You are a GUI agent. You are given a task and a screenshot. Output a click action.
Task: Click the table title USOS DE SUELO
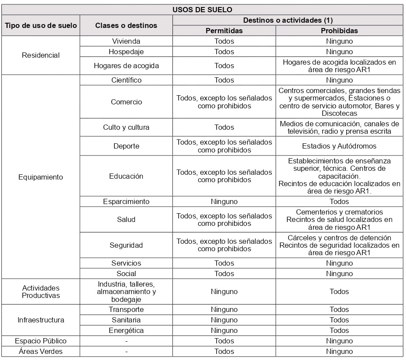(x=203, y=9)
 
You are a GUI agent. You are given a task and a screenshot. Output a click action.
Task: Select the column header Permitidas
(x=224, y=31)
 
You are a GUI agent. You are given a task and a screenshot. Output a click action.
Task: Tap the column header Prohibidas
(x=339, y=31)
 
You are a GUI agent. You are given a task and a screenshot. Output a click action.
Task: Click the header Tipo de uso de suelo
(x=41, y=25)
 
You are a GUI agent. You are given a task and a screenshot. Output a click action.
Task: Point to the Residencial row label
(x=41, y=55)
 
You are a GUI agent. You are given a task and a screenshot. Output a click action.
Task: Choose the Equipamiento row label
(x=41, y=177)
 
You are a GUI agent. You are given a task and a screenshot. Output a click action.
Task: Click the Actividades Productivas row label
(x=41, y=291)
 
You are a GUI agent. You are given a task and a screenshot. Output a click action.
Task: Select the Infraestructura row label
(x=41, y=320)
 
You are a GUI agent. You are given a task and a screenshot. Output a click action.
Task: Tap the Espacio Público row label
(x=41, y=341)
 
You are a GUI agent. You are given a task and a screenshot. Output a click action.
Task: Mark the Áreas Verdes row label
(x=41, y=351)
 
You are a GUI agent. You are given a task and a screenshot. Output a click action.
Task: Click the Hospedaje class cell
(x=126, y=52)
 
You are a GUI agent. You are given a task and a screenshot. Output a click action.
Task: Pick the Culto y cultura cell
(x=126, y=127)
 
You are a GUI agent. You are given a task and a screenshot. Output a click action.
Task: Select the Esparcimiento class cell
(x=126, y=201)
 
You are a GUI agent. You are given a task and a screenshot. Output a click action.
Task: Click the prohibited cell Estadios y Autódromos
(x=339, y=146)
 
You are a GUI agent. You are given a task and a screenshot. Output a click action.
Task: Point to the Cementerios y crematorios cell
(x=339, y=219)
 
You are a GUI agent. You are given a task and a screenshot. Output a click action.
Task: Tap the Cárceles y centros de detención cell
(x=339, y=245)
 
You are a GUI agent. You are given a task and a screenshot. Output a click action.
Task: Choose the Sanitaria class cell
(x=126, y=320)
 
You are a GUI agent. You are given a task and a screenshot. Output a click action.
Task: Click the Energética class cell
(x=126, y=330)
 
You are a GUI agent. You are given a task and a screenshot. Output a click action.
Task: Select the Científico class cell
(x=126, y=80)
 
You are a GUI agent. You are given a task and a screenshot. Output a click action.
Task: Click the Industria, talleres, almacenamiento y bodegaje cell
(x=126, y=291)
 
